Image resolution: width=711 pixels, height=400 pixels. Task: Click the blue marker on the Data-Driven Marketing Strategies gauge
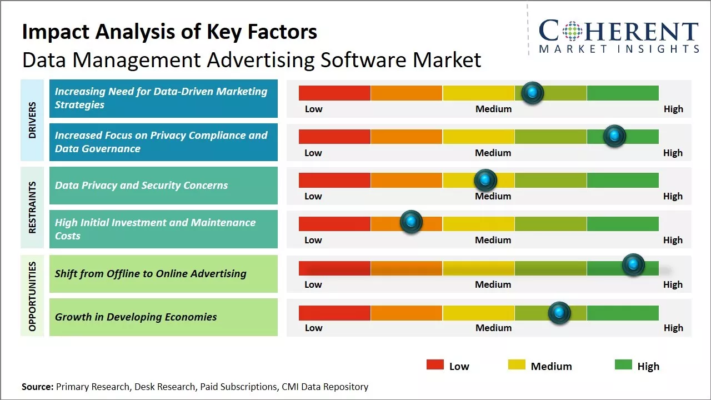click(x=533, y=93)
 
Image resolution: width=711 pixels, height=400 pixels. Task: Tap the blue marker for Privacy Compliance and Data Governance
click(x=614, y=136)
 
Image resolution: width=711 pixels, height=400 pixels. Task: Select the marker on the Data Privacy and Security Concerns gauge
click(x=485, y=180)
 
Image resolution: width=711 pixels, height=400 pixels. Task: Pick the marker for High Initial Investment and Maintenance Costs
click(x=411, y=222)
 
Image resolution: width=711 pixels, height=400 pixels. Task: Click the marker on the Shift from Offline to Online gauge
click(x=633, y=265)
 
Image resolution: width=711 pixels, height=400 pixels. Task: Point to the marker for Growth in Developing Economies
click(x=559, y=313)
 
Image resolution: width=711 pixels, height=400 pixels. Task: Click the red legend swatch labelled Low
click(x=435, y=364)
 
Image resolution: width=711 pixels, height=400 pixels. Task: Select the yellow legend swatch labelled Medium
click(x=517, y=364)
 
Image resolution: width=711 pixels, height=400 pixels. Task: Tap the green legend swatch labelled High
click(x=623, y=364)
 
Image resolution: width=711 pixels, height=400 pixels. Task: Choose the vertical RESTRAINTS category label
click(x=32, y=207)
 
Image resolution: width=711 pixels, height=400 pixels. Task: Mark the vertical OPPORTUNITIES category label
click(x=32, y=296)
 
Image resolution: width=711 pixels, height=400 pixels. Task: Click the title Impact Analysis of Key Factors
click(x=169, y=32)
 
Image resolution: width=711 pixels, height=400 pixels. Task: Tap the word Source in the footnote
click(x=37, y=387)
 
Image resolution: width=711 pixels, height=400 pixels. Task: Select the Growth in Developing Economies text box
click(x=163, y=317)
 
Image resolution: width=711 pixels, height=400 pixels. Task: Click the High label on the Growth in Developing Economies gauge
click(x=673, y=328)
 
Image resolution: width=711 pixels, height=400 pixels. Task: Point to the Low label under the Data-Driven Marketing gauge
click(x=313, y=109)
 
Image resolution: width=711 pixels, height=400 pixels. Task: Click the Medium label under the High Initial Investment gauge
click(x=493, y=240)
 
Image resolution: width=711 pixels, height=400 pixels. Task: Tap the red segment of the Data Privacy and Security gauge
click(x=334, y=180)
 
